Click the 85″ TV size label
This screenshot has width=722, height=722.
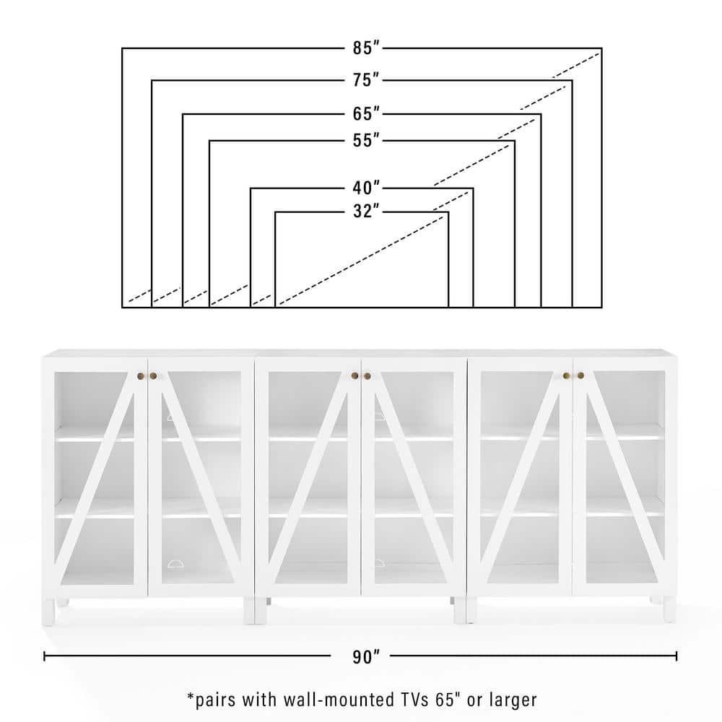(x=366, y=48)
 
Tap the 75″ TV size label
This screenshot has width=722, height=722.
(x=366, y=80)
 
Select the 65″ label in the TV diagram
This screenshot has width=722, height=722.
(x=366, y=114)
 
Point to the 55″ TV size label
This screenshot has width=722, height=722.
(x=366, y=140)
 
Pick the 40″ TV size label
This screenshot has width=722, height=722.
(x=366, y=188)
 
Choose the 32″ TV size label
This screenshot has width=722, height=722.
(x=366, y=211)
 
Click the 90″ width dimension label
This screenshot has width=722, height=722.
(x=366, y=657)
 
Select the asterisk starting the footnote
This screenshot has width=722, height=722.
(x=191, y=696)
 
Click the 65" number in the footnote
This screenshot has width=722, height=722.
(x=448, y=700)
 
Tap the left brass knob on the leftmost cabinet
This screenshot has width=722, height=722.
(x=141, y=376)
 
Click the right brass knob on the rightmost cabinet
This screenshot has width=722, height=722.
(x=580, y=375)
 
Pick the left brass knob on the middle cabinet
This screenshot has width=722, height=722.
(x=355, y=375)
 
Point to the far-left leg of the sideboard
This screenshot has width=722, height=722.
(x=48, y=612)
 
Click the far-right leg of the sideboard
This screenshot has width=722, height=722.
(x=670, y=609)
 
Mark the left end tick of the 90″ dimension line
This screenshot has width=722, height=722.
(x=44, y=656)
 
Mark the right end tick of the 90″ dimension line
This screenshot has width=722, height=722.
(x=677, y=656)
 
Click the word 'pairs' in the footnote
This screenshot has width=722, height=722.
(x=215, y=701)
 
